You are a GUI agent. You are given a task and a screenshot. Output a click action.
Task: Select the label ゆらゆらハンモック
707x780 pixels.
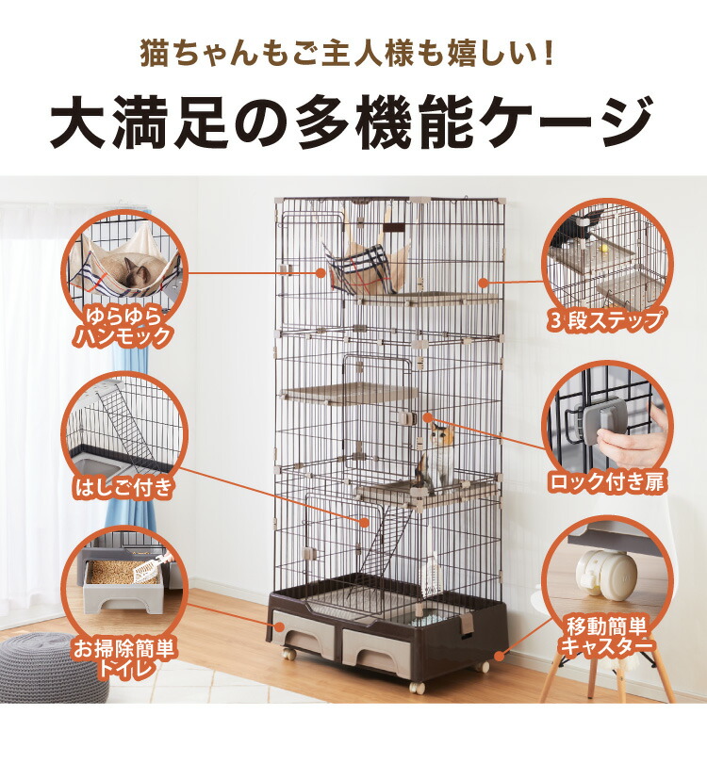click(126, 324)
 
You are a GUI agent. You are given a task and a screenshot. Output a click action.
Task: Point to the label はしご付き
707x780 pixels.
click(125, 487)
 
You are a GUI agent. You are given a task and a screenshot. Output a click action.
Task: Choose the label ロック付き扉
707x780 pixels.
click(607, 483)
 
